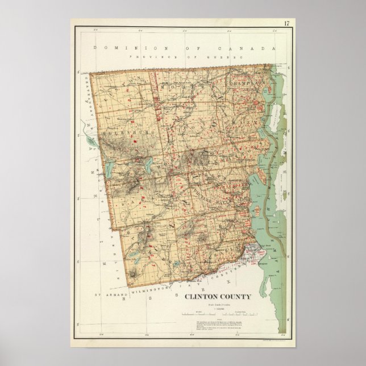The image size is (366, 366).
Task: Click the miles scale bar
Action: coord(198,314)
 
